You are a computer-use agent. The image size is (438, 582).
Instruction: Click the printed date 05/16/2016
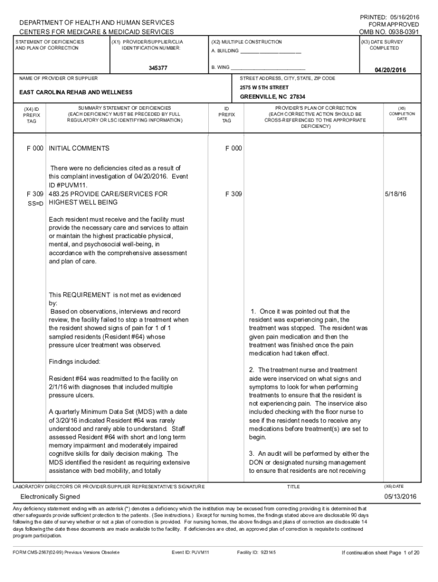pyautogui.click(x=403, y=17)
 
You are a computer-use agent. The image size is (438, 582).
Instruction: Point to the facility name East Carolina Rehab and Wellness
pyautogui.click(x=76, y=92)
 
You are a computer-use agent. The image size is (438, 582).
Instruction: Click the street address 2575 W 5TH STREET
pyautogui.click(x=265, y=88)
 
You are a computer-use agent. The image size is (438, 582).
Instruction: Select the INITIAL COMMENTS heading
pyautogui.click(x=79, y=148)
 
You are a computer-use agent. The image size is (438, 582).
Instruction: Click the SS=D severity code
pyautogui.click(x=35, y=203)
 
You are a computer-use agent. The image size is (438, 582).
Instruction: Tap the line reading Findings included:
pyautogui.click(x=75, y=361)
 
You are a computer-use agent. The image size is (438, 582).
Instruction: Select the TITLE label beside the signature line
pyautogui.click(x=293, y=487)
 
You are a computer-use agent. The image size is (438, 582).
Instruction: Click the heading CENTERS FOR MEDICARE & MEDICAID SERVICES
pyautogui.click(x=97, y=32)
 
